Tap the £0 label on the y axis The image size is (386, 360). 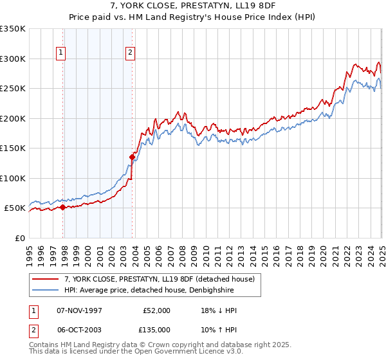click(20, 238)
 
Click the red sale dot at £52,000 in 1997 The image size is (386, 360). click(62, 207)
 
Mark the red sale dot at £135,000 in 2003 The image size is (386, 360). click(132, 156)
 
